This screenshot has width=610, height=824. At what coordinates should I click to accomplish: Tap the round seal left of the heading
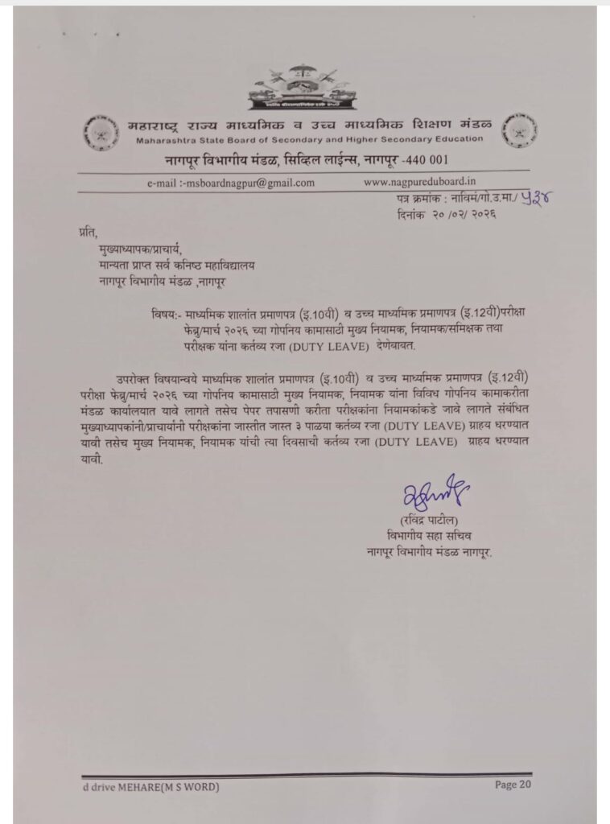[98, 132]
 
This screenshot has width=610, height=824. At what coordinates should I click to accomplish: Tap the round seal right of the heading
[519, 130]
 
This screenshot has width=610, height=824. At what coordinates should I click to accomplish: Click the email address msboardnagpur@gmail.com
[231, 183]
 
